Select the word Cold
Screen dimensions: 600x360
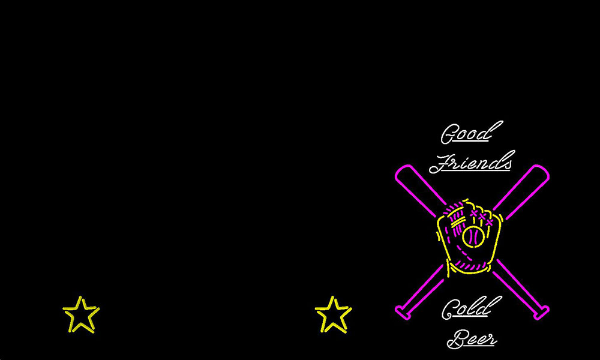(x=471, y=308)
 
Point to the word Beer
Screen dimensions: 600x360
(x=472, y=339)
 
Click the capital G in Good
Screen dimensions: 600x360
(x=448, y=134)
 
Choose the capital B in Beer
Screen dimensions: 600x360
(x=457, y=339)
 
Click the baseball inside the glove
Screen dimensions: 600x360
(x=473, y=236)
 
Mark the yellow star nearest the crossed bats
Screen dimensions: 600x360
(x=333, y=314)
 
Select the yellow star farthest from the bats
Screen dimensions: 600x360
(x=81, y=314)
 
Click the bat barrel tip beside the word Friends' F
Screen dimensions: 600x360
(x=402, y=172)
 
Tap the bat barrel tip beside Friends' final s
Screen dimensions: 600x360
(x=542, y=172)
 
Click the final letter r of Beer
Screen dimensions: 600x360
(x=492, y=340)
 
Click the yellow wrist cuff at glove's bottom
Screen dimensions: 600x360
(x=469, y=270)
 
